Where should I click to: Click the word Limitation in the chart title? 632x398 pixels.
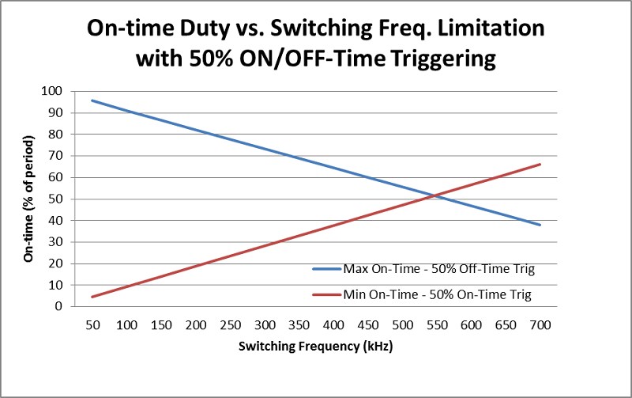(491, 28)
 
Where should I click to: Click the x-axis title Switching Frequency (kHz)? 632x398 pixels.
(315, 347)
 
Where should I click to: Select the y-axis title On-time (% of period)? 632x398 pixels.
(28, 199)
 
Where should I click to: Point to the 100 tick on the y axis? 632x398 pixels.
(52, 91)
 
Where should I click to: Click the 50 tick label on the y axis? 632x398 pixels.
(55, 199)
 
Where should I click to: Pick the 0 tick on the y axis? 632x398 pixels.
(58, 306)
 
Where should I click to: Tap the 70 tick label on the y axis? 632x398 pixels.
(55, 156)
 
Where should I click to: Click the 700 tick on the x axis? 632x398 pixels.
(540, 325)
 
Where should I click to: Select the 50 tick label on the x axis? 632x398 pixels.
(92, 325)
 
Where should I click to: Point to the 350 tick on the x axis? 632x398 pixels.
(299, 325)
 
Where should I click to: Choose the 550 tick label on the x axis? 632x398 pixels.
(437, 325)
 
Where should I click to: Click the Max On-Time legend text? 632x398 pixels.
(439, 269)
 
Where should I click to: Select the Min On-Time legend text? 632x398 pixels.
(438, 294)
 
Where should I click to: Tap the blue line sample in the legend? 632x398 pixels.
(327, 269)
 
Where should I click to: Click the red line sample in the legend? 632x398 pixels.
(327, 294)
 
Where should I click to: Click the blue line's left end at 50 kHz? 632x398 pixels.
(92, 100)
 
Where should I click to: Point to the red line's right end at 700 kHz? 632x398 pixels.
(540, 164)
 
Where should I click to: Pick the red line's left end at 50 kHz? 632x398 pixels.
(92, 297)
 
